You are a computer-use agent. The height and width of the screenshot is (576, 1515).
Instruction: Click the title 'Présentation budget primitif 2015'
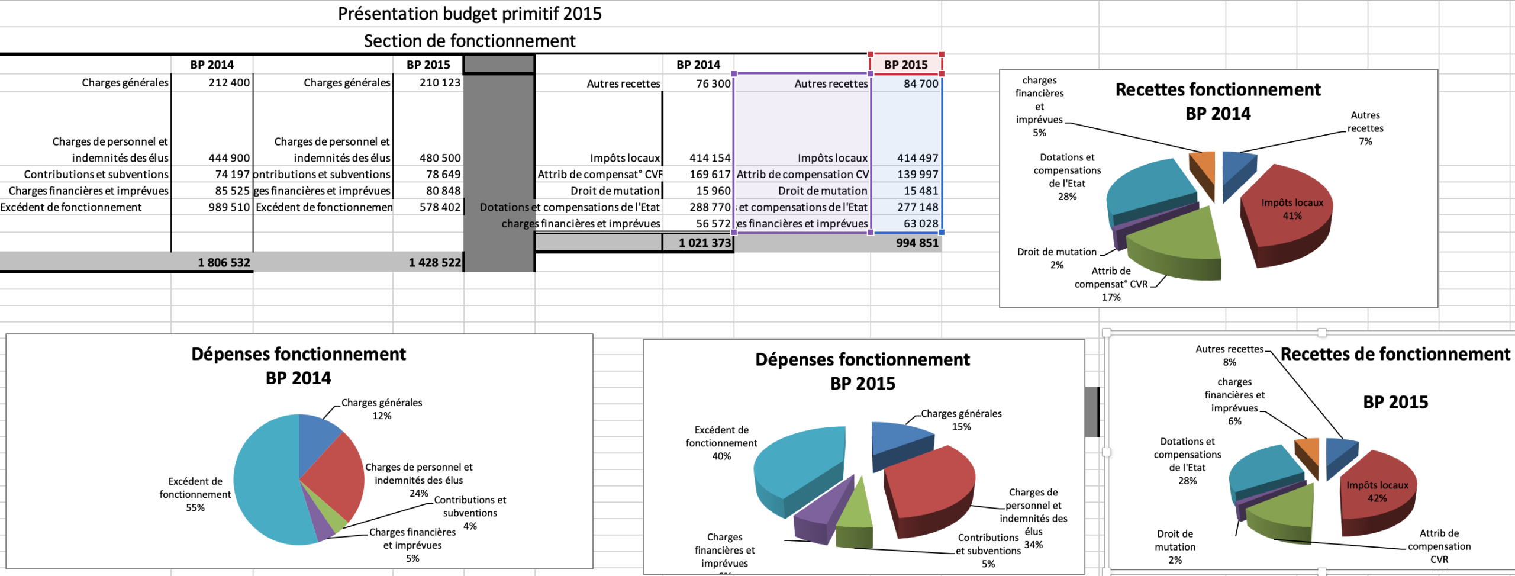point(469,14)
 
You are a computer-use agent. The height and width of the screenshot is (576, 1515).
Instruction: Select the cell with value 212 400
point(229,82)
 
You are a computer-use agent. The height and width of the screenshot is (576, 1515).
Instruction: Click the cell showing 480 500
point(440,158)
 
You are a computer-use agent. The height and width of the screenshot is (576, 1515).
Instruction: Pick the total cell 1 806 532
point(224,262)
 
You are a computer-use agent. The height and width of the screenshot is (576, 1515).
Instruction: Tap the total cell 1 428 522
point(434,262)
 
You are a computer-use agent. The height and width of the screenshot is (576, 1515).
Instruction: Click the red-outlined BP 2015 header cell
point(905,65)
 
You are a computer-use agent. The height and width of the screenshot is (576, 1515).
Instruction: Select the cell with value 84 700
point(920,83)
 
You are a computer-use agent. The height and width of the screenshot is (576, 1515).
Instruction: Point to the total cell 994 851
point(917,243)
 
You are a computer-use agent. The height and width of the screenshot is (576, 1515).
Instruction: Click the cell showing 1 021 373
point(704,243)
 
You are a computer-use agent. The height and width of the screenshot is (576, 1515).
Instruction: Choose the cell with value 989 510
point(229,207)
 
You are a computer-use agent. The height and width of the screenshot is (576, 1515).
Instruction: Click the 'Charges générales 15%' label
point(961,420)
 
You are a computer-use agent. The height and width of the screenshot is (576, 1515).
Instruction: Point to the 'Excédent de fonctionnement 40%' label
point(721,443)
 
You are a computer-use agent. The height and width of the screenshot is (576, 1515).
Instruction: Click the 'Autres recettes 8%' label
point(1229,355)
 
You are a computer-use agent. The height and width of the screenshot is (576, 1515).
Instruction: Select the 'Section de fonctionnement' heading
point(469,41)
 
